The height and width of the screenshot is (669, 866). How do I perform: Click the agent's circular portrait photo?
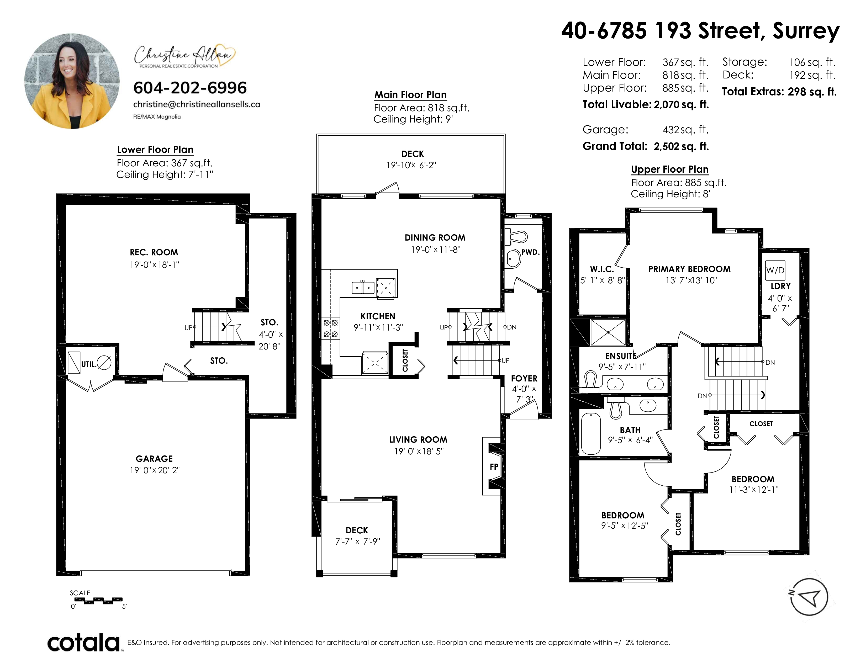coord(72,81)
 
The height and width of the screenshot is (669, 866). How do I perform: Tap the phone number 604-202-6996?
coord(190,88)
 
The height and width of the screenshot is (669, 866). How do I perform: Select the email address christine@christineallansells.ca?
coord(197,104)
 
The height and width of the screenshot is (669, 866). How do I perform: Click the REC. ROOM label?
coord(154,252)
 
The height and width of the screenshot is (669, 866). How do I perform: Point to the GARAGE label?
coord(154,459)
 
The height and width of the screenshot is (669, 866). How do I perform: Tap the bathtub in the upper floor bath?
coord(591,433)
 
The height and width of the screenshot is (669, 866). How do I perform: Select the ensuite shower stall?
coord(608,332)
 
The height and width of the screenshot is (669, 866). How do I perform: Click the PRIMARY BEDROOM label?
coord(690,269)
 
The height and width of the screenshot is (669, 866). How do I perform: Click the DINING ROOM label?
coord(435,238)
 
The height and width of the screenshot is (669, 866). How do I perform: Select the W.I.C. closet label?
coord(602,269)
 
